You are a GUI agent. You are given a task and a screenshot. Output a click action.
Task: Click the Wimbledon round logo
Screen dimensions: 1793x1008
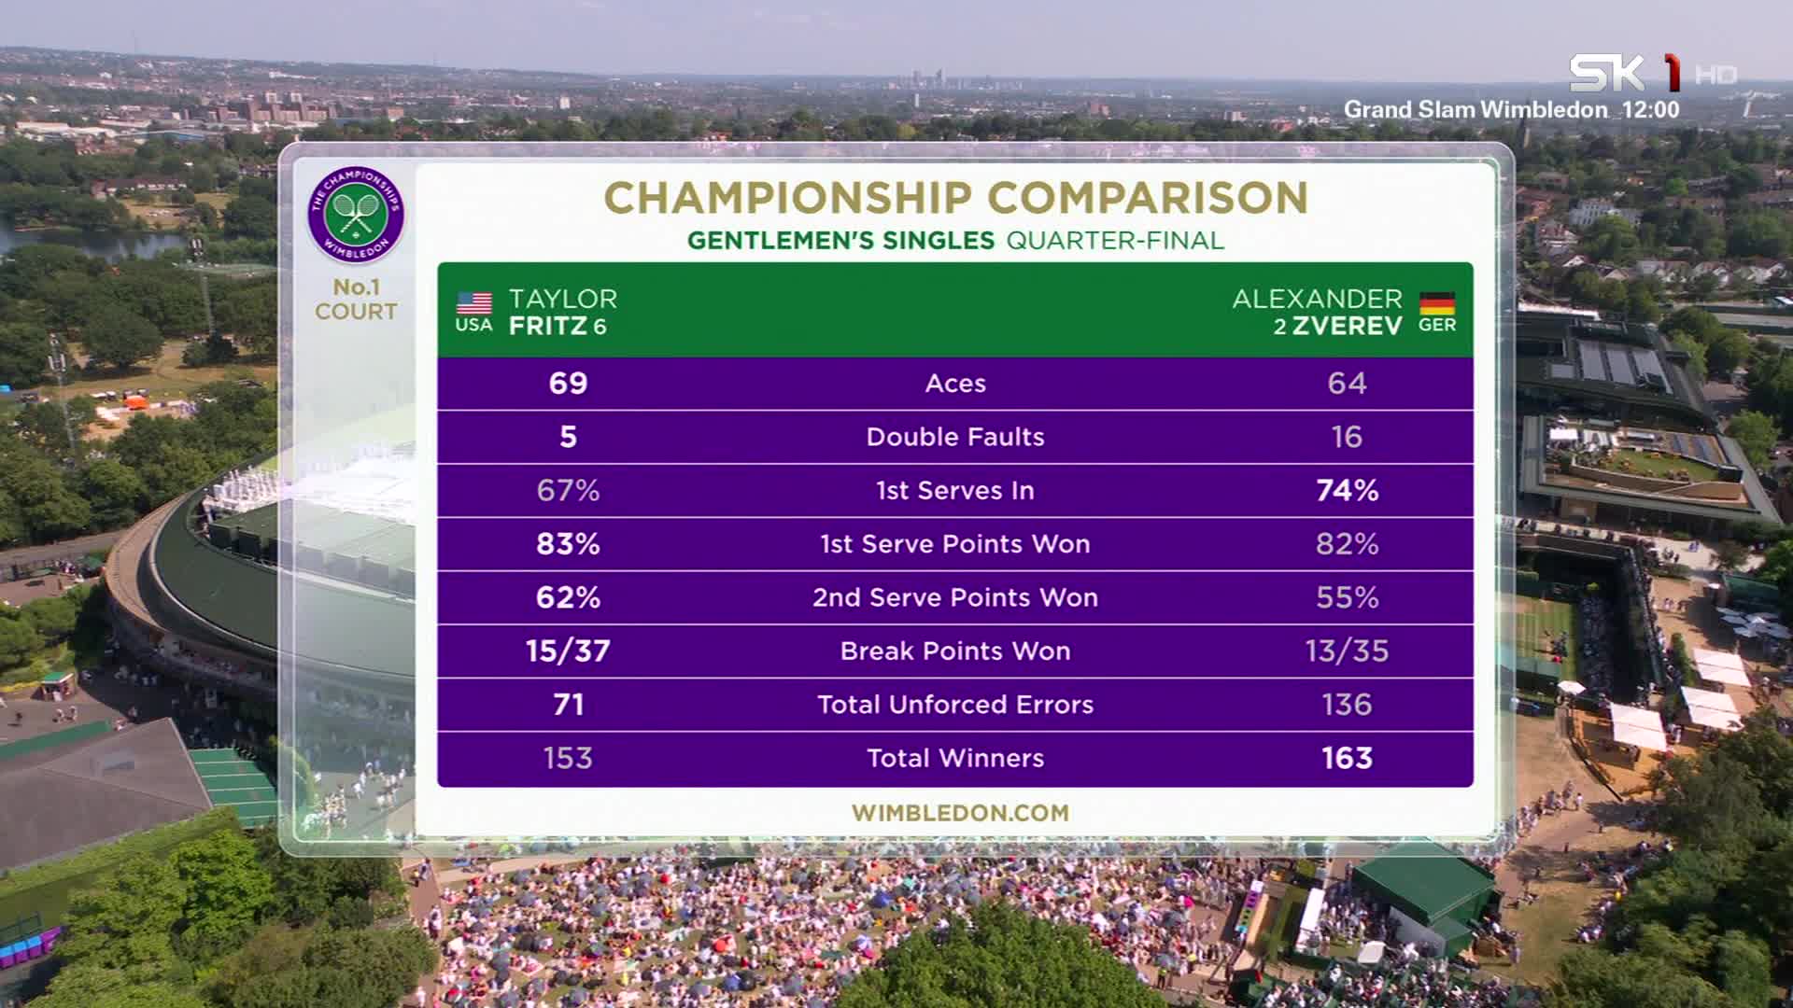(x=356, y=215)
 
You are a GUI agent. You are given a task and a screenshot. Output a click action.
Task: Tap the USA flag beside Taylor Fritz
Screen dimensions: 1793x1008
(x=474, y=303)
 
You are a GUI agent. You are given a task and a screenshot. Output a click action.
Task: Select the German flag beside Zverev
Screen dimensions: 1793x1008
(x=1437, y=303)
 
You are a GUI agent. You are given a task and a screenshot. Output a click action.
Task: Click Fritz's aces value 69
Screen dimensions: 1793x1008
(x=568, y=384)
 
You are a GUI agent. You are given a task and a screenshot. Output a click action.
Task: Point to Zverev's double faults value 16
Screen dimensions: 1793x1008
(x=1347, y=437)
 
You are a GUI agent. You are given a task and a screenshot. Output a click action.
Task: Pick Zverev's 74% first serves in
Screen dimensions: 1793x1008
(x=1347, y=491)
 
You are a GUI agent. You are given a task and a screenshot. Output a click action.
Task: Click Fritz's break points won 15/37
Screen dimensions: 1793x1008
(x=568, y=651)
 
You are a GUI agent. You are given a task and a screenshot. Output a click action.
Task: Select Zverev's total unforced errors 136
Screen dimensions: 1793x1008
(x=1347, y=705)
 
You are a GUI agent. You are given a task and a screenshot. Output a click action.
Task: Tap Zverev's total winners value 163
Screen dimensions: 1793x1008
(x=1347, y=758)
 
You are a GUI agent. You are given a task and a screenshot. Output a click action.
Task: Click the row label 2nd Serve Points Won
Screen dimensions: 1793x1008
(x=955, y=597)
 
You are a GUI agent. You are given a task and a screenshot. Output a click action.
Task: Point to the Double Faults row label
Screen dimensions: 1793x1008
(x=955, y=437)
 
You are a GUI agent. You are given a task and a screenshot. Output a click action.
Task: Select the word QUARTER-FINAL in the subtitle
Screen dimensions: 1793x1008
(x=1115, y=241)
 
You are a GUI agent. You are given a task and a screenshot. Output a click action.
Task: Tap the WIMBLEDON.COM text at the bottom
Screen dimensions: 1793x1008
(x=960, y=813)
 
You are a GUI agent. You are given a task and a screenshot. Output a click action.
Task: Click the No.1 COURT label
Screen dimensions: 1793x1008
(x=356, y=300)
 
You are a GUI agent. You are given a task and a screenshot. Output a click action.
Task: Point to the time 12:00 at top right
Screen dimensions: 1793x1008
(x=1651, y=110)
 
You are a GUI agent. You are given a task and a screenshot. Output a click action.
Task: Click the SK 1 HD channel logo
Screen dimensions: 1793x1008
(x=1652, y=73)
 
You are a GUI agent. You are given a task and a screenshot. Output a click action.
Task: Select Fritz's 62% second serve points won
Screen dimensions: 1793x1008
(x=568, y=597)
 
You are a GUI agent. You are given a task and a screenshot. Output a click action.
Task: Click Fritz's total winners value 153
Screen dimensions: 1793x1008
(x=568, y=758)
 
